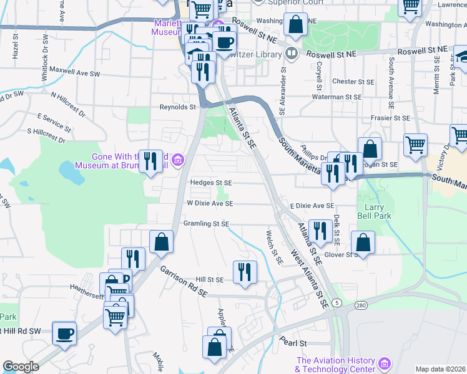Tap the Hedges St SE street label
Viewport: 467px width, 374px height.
(211, 183)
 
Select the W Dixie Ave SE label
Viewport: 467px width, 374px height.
(210, 203)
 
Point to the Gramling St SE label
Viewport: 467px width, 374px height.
(207, 224)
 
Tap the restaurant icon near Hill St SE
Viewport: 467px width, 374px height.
(245, 271)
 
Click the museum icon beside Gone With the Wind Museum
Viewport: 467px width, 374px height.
(179, 161)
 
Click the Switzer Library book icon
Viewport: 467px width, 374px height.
(290, 54)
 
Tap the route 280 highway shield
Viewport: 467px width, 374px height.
(361, 305)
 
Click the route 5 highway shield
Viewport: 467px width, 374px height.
(338, 302)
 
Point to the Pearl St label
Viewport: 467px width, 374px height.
(294, 343)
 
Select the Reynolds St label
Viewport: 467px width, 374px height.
(177, 107)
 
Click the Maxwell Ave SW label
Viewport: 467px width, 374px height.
(75, 70)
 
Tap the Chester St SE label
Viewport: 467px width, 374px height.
(353, 81)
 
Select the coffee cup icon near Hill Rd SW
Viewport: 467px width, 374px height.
(64, 333)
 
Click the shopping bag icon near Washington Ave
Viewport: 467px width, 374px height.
(295, 25)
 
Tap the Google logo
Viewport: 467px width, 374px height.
(21, 367)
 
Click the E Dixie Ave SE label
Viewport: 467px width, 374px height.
(312, 205)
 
